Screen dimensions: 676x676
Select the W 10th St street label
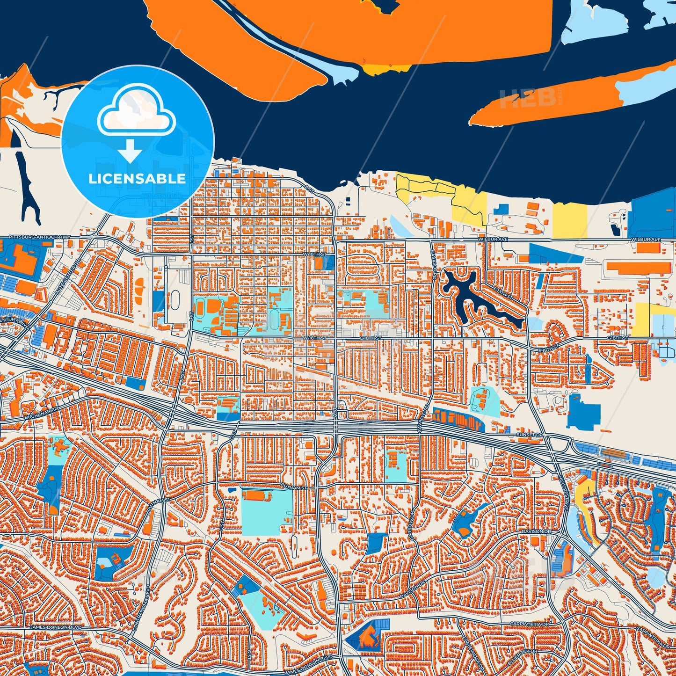click(x=313, y=254)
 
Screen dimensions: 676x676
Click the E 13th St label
click(x=505, y=293)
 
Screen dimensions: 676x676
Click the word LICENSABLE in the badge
click(x=137, y=179)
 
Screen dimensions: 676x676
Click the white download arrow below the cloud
click(x=130, y=151)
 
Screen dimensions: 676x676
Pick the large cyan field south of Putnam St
click(x=267, y=512)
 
